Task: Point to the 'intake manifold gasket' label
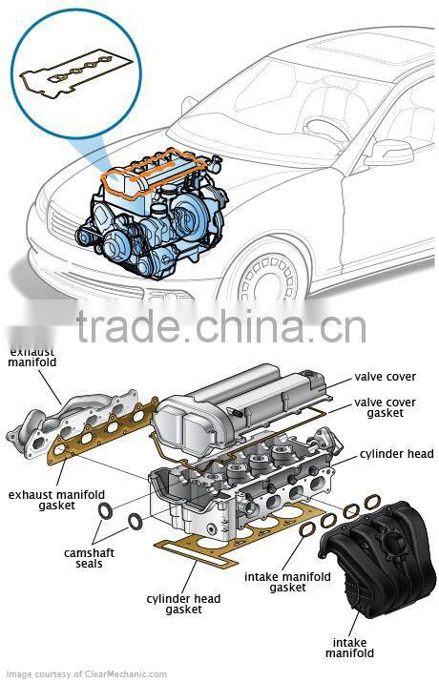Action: click(x=286, y=583)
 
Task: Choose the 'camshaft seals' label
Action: click(x=83, y=558)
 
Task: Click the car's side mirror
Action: click(x=387, y=153)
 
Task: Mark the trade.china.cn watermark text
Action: click(x=219, y=326)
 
